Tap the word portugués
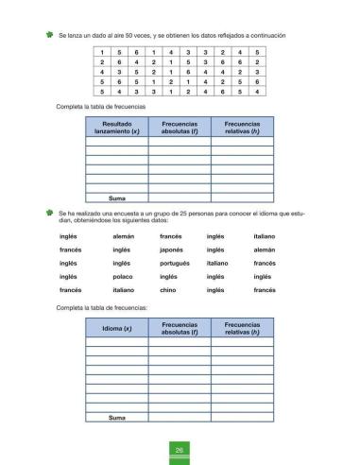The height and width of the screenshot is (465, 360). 175,263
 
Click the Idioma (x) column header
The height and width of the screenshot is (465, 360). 116,327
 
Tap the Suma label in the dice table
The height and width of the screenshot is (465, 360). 117,198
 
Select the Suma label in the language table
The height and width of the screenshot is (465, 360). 117,417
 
